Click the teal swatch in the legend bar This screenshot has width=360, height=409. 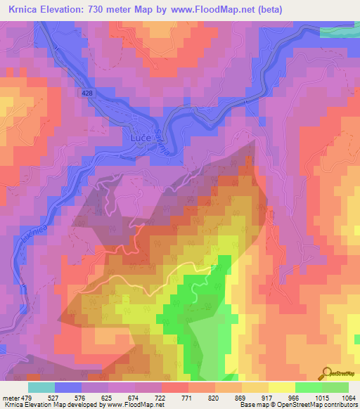pyautogui.click(x=41, y=387)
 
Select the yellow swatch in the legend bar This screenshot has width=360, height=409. pyautogui.click(x=281, y=387)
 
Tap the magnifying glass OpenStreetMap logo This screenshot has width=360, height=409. pyautogui.click(x=326, y=373)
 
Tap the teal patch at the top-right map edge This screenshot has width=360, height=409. pyautogui.click(x=340, y=32)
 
